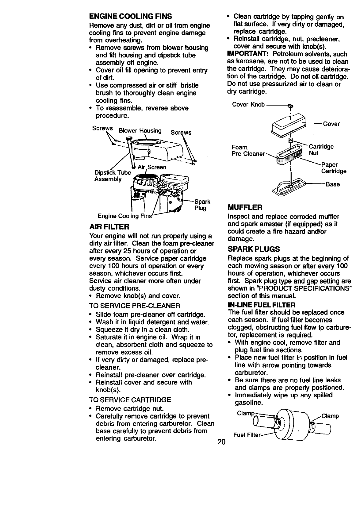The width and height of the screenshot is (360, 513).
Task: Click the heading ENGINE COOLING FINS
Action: point(130,16)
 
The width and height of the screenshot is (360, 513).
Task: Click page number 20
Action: point(221,442)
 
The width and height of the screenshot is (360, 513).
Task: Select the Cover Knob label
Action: point(248,105)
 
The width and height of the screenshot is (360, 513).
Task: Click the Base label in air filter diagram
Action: point(332,184)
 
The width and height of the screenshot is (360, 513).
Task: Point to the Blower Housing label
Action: point(140,131)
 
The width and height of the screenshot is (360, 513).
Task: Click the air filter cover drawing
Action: point(288,124)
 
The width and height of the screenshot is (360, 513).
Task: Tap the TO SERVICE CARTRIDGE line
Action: point(130,400)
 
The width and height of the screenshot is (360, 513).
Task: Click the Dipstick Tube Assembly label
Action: point(113,175)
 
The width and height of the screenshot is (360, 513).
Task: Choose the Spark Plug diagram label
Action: point(202,205)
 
